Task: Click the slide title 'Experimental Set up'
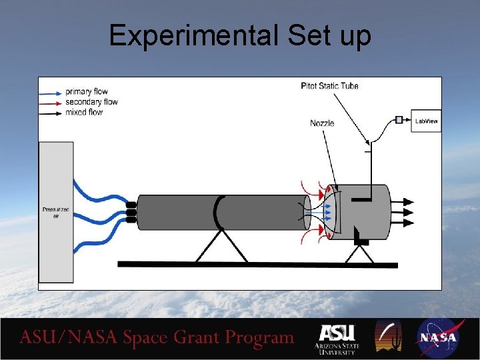click(240, 35)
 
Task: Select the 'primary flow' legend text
click(86, 91)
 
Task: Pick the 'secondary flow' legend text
click(91, 102)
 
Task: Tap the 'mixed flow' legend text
click(84, 112)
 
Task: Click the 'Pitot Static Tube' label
click(329, 86)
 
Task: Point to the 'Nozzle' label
click(322, 123)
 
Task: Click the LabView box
click(427, 121)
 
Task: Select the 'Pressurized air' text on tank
click(56, 213)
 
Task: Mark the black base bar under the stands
click(257, 265)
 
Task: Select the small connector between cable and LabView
click(399, 120)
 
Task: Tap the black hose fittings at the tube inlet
click(131, 212)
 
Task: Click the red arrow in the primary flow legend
click(51, 91)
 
